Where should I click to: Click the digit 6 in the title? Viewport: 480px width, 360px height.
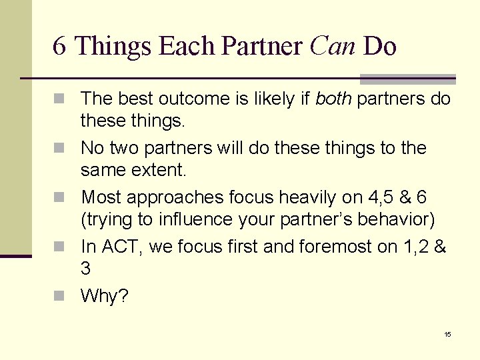59,47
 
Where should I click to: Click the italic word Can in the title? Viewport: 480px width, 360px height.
333,47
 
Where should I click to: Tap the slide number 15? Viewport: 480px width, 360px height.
448,334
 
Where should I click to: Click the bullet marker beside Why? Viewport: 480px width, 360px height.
63,296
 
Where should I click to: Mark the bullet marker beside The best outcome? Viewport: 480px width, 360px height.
63,99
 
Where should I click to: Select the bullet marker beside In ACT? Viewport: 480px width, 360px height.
63,247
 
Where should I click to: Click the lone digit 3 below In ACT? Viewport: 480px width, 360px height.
85,269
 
